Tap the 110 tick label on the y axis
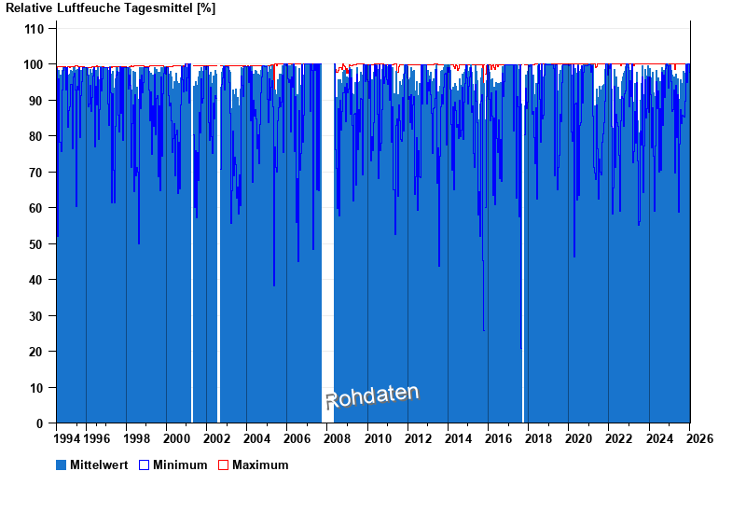point(34,29)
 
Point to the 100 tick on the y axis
point(34,64)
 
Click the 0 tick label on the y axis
point(40,423)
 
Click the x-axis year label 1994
point(67,438)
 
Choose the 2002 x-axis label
point(216,438)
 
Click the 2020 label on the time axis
point(578,438)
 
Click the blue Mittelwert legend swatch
point(62,464)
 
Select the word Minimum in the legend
point(180,464)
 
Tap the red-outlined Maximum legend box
point(223,464)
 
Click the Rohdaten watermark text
point(372,396)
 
